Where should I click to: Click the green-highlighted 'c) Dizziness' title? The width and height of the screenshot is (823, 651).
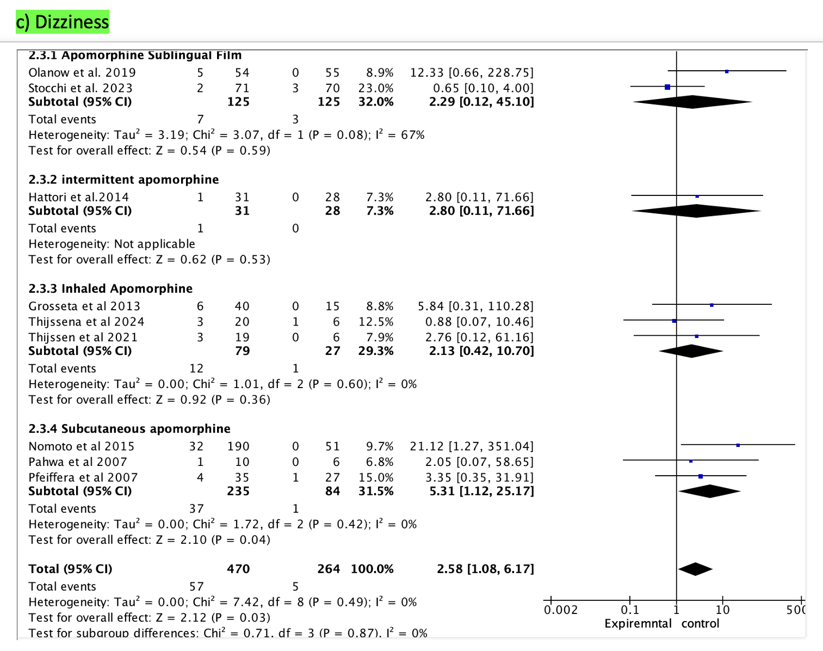coord(63,22)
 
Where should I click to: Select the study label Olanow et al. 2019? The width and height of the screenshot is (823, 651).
coord(82,72)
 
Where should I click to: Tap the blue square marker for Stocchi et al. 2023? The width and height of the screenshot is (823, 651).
coord(667,87)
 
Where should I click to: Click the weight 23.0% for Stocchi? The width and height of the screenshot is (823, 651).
coord(375,88)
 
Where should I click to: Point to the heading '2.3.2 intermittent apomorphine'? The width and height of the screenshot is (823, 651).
coord(123,180)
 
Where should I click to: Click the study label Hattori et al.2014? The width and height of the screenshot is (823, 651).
coord(79,197)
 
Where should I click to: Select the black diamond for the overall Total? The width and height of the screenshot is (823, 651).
coord(695,569)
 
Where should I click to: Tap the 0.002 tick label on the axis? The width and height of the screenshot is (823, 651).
coord(561,610)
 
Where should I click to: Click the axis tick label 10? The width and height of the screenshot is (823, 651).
coord(722,610)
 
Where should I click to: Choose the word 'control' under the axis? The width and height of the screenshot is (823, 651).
coord(700,624)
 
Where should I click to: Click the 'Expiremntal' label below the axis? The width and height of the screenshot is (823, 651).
coord(638,624)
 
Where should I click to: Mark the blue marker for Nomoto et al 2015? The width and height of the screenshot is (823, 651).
coord(738,445)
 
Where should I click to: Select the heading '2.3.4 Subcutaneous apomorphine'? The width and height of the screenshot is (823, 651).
coord(129,429)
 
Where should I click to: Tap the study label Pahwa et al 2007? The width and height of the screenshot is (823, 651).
coord(78,462)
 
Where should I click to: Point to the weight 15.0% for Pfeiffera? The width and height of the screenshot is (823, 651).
coord(375,477)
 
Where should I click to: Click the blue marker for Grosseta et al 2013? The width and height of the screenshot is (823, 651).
coord(711,305)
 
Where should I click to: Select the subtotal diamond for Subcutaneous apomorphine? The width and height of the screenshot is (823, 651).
coord(709,491)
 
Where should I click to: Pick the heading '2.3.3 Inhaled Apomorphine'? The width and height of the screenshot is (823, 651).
coord(110,288)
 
